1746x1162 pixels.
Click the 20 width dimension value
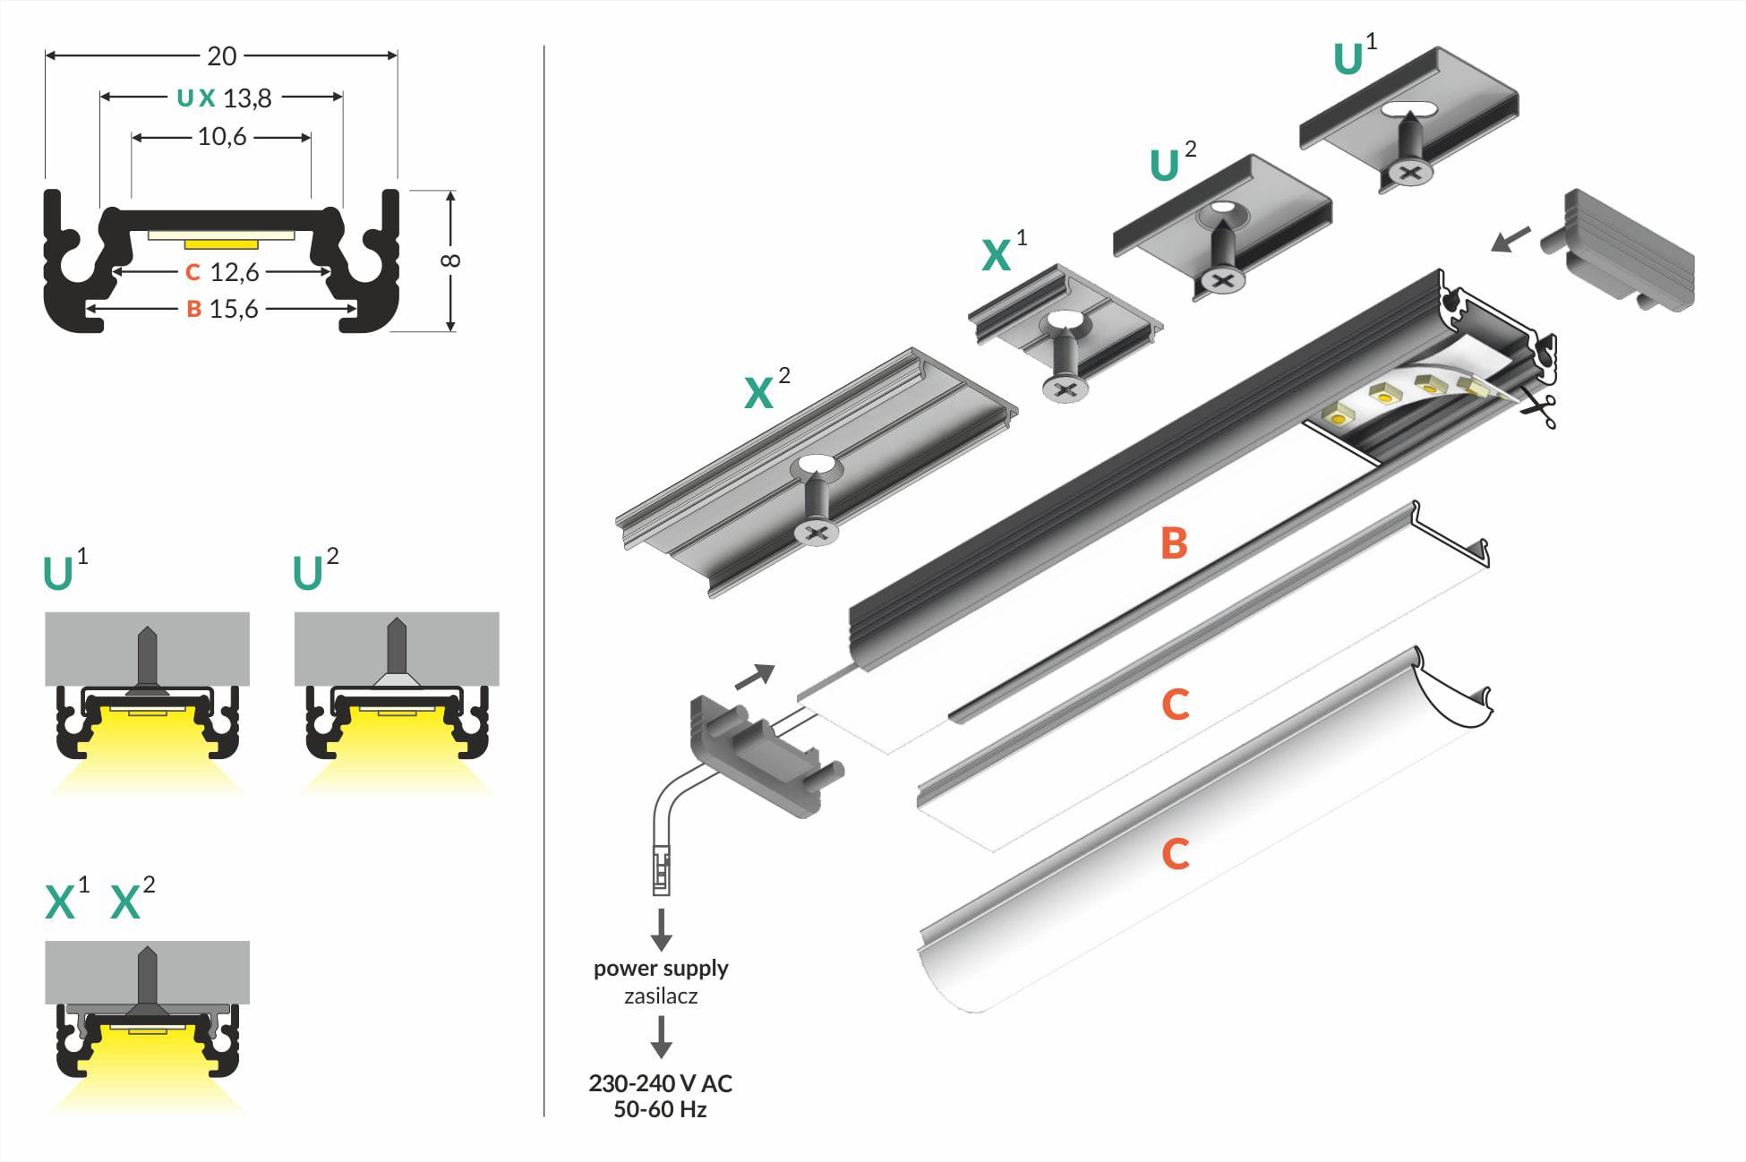point(221,56)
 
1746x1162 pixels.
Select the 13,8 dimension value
point(247,98)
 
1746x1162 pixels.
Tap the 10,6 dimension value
point(221,137)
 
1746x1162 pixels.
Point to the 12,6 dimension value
point(234,272)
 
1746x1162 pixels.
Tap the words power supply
point(661,969)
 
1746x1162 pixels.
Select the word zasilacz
point(661,996)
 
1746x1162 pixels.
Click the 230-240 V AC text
point(661,1084)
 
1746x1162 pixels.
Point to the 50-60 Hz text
point(661,1110)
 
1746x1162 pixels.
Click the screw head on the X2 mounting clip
point(817,534)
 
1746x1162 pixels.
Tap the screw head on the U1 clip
point(1410,172)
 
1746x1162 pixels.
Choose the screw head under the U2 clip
point(1223,280)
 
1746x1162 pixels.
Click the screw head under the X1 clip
point(1066,389)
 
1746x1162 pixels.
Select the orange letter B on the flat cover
point(1174,543)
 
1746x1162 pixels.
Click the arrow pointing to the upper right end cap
point(1511,239)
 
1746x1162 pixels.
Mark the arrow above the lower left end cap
point(754,677)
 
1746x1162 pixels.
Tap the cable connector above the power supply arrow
point(661,871)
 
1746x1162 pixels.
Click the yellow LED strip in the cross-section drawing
point(221,243)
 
